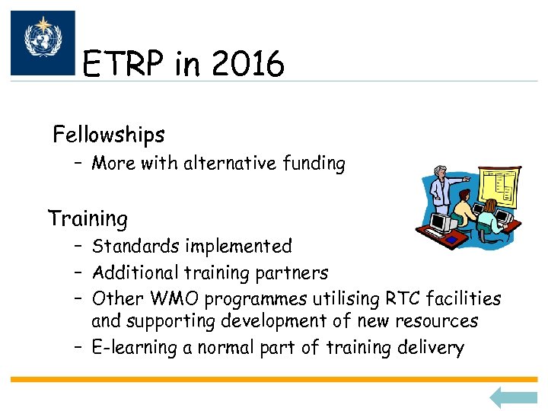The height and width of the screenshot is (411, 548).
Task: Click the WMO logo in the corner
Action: tap(43, 43)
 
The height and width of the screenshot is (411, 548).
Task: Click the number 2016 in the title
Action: tap(247, 65)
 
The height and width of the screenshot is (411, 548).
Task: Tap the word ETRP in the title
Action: tap(124, 65)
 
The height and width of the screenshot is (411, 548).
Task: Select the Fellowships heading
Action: tap(109, 135)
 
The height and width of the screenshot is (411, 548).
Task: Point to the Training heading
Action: tap(88, 219)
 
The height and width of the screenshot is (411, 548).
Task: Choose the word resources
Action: tap(438, 322)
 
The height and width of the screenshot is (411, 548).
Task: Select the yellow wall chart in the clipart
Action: tap(499, 186)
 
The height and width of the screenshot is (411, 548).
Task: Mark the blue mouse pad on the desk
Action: tap(454, 240)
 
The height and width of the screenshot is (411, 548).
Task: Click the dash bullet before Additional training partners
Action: tap(78, 272)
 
